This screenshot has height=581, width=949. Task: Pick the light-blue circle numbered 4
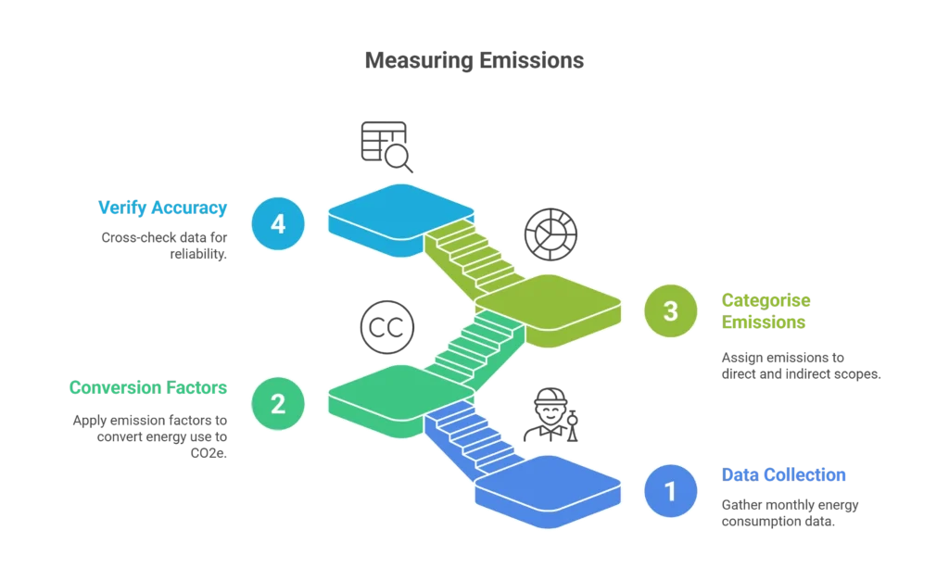coord(277,223)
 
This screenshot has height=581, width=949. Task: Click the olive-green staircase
coord(469,255)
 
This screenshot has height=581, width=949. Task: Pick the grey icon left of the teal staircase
coord(384,325)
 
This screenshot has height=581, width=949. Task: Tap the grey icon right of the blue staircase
coord(553,411)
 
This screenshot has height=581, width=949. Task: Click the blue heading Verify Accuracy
coord(162,208)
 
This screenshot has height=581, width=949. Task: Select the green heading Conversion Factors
coord(147,387)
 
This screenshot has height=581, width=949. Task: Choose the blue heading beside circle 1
coord(784,474)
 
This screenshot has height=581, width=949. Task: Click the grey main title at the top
coord(474,60)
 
